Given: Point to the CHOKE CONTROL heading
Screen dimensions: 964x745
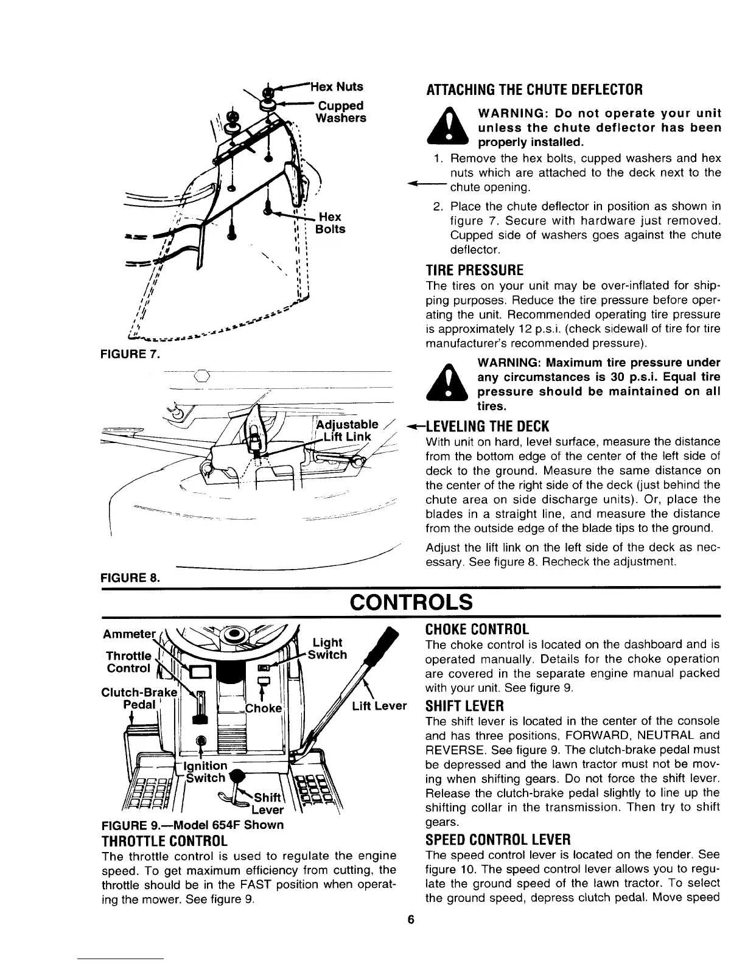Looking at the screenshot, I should pyautogui.click(x=478, y=629).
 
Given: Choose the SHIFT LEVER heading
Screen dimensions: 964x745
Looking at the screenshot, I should pyautogui.click(x=465, y=707).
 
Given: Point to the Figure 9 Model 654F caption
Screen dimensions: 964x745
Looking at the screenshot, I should pyautogui.click(x=193, y=825).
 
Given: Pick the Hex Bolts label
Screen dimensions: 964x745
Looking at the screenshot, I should pyautogui.click(x=331, y=223).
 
